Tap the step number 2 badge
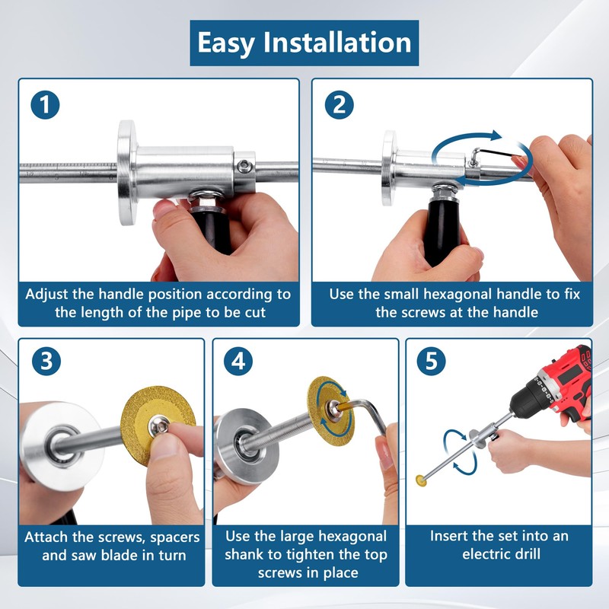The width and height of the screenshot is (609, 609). click(x=337, y=105)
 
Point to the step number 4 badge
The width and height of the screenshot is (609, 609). click(x=239, y=363)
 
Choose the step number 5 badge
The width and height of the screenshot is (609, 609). click(x=432, y=363)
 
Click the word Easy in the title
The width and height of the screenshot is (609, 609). click(x=225, y=42)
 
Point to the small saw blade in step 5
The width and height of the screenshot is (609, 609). click(x=419, y=480)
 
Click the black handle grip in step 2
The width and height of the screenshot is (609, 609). click(x=439, y=228)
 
